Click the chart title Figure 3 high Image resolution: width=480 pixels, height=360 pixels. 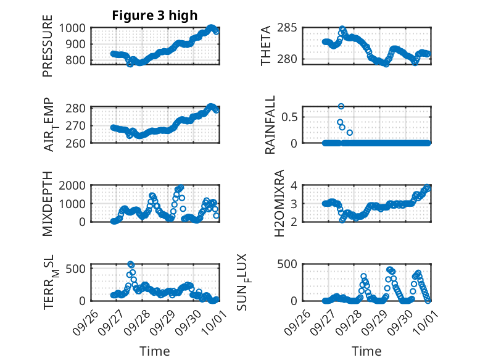(x=154, y=15)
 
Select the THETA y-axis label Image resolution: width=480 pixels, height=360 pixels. (x=266, y=46)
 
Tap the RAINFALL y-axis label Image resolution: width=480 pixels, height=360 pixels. (x=270, y=125)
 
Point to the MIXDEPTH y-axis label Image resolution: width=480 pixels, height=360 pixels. (x=48, y=204)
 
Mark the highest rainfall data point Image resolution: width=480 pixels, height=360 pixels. (x=341, y=106)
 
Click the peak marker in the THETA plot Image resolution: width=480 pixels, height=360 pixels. (x=342, y=29)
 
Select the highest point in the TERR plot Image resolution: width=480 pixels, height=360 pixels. (x=130, y=264)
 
